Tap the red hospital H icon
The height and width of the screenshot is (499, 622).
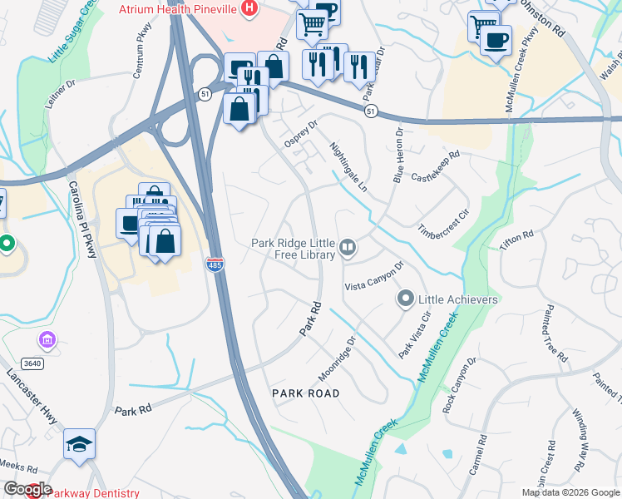(248, 8)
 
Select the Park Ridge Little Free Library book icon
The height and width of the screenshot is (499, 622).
(348, 247)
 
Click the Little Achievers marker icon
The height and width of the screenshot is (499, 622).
(407, 299)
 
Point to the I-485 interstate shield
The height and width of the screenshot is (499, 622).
(215, 264)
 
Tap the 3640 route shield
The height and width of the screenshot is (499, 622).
(32, 363)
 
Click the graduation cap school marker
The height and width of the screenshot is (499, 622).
(79, 445)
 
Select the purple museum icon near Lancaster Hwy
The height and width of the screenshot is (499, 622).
(47, 340)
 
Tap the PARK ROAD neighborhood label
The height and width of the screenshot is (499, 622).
(306, 393)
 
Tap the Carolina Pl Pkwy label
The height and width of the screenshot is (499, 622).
(82, 219)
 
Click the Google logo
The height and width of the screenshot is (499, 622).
(27, 489)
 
